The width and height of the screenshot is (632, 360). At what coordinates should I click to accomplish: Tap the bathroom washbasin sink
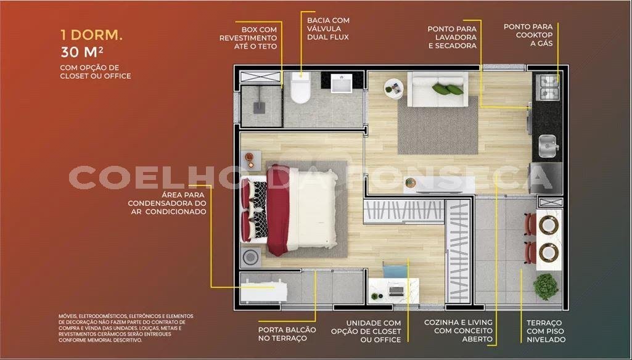[x=342, y=83]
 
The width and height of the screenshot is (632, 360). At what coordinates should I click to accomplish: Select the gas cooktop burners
[x=549, y=88]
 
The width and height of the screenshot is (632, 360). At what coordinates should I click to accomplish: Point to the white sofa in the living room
[x=438, y=89]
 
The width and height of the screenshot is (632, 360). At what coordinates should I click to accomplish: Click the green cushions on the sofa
[x=448, y=89]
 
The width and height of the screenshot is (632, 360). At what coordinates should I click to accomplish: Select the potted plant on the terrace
[x=546, y=287]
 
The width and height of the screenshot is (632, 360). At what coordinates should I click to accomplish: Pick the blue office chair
[x=393, y=270]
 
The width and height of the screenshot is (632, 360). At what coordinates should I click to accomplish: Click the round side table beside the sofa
[x=393, y=89]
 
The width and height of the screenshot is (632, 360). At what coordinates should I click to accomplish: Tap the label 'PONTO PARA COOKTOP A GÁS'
[x=528, y=35]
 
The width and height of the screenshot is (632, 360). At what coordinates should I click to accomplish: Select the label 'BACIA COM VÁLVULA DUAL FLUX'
[x=328, y=28]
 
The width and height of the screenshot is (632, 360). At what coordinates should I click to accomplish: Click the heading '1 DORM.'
[x=91, y=35]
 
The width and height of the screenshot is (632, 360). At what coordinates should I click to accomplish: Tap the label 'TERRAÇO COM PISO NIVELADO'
[x=546, y=331]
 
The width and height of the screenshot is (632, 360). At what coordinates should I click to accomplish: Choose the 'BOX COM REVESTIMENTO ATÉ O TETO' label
[x=248, y=38]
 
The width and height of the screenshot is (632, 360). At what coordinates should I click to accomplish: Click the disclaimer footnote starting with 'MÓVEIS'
[x=126, y=328]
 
